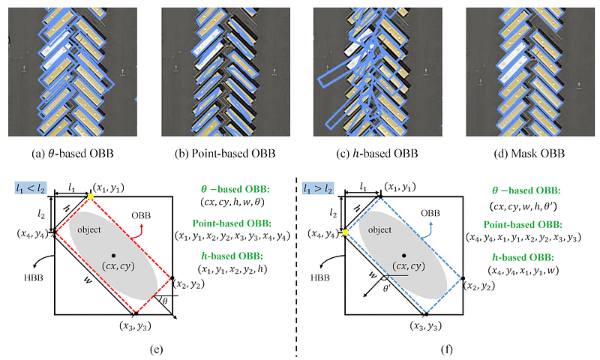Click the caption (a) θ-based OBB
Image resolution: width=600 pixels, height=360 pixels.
[73, 154]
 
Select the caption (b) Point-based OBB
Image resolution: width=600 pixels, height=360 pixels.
[225, 154]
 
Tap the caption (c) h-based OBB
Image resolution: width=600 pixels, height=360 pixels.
[377, 154]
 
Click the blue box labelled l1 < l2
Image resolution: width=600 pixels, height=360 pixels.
[31, 187]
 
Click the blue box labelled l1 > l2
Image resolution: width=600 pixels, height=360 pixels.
[318, 188]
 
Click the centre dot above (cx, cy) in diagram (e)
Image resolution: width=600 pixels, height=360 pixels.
[113, 255]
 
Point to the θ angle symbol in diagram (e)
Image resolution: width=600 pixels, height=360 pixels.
[165, 301]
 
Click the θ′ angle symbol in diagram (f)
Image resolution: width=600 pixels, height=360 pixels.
[387, 288]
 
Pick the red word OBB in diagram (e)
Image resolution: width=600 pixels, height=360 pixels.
[141, 215]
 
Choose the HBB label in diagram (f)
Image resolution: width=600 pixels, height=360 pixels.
[320, 277]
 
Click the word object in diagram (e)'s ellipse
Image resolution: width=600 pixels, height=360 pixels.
[89, 229]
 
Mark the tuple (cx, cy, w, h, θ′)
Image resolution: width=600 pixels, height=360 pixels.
[523, 206]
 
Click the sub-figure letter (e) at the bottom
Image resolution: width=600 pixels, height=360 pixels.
[157, 349]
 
